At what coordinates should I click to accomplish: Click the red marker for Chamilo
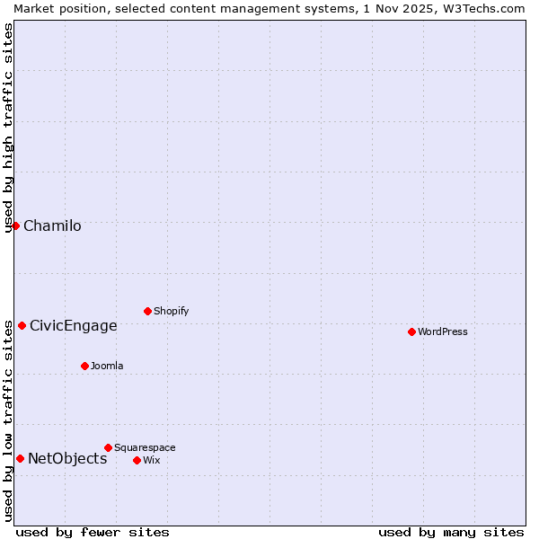point(15,225)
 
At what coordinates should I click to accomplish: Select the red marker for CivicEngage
point(22,325)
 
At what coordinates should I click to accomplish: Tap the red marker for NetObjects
point(20,458)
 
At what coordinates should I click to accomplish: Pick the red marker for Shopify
point(147,311)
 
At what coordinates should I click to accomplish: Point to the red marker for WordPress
point(411,331)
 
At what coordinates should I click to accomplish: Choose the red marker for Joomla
point(84,366)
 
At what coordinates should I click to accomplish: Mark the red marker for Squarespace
point(108,447)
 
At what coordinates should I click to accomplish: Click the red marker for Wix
point(137,460)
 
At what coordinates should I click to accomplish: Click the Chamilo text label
point(52,225)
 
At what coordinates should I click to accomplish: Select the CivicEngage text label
point(74,325)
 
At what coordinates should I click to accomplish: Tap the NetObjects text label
point(67,458)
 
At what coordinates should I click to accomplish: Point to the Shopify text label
point(171,311)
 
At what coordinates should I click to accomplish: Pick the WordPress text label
point(443,331)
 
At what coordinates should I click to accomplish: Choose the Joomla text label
point(107,366)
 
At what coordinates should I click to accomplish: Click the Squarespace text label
point(145,447)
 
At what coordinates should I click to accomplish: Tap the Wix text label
point(152,460)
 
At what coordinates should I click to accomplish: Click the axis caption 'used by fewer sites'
point(93,532)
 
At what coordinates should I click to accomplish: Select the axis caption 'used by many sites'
point(451,532)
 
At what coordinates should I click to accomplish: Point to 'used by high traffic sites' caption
point(8,128)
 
